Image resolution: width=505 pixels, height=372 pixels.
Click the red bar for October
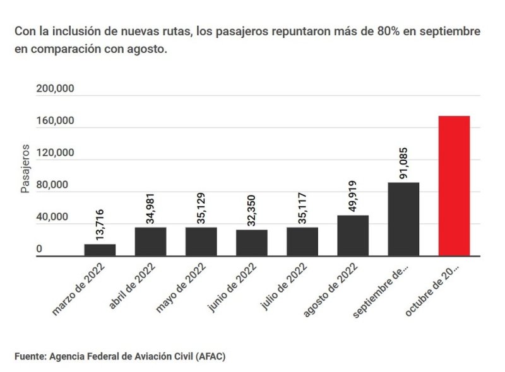(x=454, y=186)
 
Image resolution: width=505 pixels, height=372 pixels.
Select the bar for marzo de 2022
(x=100, y=250)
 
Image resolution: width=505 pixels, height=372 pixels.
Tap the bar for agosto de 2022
(x=353, y=236)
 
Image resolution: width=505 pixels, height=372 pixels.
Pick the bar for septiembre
(x=403, y=219)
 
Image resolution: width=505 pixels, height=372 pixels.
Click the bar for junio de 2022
(x=252, y=243)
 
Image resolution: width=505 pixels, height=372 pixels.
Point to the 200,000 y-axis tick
(x=55, y=89)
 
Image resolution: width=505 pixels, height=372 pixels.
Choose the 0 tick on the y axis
(x=39, y=250)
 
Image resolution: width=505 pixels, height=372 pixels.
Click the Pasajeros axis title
(x=25, y=168)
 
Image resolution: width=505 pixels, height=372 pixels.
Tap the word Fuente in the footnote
(x=29, y=356)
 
